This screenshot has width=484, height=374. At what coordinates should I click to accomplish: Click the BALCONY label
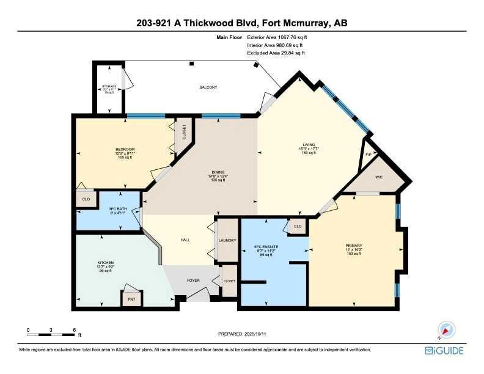tap(208, 87)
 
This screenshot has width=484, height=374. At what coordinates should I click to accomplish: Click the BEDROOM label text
tap(125, 150)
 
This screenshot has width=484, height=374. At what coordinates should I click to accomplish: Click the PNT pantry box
tap(130, 299)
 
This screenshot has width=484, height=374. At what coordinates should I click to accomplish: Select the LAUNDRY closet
tap(227, 240)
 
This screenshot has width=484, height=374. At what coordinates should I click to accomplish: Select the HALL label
tap(185, 240)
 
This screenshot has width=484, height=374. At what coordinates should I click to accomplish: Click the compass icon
tap(445, 329)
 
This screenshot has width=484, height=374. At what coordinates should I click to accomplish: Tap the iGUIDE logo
tap(444, 351)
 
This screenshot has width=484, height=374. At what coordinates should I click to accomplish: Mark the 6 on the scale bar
tap(73, 329)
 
